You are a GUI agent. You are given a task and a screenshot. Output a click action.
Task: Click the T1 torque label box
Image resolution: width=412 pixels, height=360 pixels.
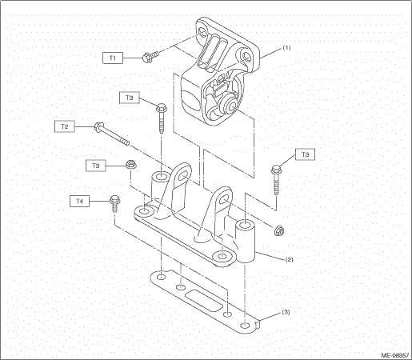click(113, 58)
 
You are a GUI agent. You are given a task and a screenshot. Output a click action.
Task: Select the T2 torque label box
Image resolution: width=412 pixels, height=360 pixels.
click(65, 126)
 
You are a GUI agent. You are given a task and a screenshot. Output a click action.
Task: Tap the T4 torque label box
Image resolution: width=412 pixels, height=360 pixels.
click(79, 201)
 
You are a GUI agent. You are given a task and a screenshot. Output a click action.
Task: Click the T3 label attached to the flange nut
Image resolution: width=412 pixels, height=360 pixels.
click(96, 166)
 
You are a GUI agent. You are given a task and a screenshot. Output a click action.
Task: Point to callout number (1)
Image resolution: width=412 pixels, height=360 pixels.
click(286, 48)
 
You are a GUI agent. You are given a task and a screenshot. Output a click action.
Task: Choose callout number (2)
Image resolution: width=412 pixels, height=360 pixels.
click(289, 259)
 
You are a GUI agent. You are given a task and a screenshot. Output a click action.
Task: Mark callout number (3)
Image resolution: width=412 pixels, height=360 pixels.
click(286, 312)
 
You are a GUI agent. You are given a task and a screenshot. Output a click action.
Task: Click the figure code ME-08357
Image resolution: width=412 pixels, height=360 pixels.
click(395, 355)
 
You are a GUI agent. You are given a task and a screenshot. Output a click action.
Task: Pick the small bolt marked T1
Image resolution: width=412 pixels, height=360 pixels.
click(150, 56)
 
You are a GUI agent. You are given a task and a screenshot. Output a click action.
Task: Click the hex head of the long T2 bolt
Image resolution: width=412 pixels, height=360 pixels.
click(98, 126)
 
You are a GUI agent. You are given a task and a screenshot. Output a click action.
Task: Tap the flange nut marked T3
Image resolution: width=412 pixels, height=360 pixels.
click(131, 164)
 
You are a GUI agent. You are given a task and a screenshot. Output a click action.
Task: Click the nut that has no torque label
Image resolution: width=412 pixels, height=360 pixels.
click(279, 230)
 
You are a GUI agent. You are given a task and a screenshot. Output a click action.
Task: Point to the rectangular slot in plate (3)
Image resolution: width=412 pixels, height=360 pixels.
click(204, 301)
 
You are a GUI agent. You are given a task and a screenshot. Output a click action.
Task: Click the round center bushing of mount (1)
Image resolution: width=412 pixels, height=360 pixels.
click(229, 104)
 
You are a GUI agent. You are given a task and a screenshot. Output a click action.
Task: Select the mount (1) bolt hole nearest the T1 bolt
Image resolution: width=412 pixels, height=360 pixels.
click(202, 33)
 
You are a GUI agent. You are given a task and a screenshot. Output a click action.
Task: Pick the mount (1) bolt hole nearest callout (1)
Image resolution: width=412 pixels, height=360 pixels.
click(246, 55)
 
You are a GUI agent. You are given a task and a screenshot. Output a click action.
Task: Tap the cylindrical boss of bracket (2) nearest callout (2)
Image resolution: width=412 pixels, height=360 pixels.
click(245, 241)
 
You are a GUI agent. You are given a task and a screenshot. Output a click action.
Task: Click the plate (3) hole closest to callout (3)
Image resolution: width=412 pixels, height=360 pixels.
click(245, 325)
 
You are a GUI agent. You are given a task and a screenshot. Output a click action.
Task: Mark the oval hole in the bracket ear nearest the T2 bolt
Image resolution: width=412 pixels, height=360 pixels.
click(183, 176)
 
